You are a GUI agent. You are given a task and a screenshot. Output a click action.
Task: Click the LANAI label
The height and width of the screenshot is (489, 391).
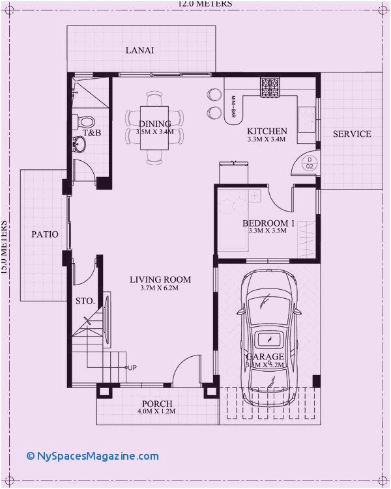[x=139, y=50]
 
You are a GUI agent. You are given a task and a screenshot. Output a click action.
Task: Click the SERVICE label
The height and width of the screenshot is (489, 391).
[x=352, y=134]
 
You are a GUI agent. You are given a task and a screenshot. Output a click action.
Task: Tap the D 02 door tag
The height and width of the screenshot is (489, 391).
[x=310, y=163]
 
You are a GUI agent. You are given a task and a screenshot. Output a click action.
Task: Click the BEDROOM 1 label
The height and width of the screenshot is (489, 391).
[x=268, y=223]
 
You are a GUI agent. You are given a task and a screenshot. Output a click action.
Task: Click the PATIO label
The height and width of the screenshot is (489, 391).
[x=45, y=234]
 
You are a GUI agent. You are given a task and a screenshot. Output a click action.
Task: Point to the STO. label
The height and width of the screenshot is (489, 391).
[x=85, y=301]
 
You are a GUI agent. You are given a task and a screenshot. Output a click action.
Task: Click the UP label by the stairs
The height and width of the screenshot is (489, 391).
[x=132, y=368]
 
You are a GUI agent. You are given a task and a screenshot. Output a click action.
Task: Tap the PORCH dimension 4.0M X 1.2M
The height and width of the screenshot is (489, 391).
[x=156, y=412]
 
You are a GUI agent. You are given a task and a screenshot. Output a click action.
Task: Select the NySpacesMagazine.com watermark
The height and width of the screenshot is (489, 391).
[x=93, y=456]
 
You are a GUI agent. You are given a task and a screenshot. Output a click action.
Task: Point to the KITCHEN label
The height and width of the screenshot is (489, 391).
[x=267, y=131]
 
